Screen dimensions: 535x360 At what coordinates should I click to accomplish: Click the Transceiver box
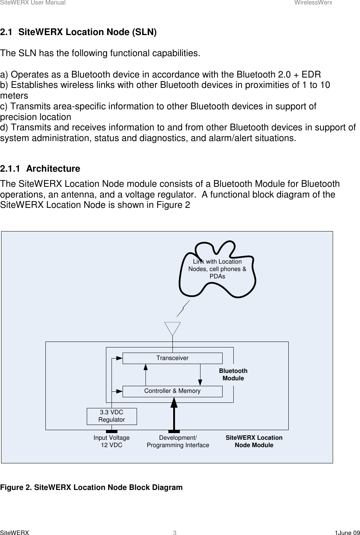coord(172,358)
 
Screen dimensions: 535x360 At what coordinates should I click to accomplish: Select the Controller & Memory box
coord(172,391)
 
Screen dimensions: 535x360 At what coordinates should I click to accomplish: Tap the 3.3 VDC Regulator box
coord(112,416)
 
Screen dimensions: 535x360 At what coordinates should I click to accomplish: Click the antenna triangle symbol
coord(172,328)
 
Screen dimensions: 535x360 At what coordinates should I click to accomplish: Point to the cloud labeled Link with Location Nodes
coord(217,269)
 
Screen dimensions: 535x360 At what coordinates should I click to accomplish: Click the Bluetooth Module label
coord(233,374)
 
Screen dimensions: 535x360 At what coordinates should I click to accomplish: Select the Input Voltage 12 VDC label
coord(112,441)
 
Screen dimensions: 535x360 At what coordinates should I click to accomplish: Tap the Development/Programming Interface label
coord(178,441)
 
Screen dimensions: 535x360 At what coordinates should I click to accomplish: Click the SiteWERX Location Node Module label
coord(254,441)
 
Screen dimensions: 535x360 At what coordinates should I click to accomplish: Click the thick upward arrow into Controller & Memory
coord(174,414)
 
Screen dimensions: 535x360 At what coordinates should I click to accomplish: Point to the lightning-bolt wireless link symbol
coord(183,309)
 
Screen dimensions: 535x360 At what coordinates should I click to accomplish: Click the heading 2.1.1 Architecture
coord(40,169)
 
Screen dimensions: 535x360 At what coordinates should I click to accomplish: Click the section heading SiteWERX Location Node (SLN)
coord(78,32)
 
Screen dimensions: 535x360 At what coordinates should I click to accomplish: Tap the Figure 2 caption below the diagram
coord(91,487)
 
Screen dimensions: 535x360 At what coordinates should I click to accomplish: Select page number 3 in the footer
coord(175,532)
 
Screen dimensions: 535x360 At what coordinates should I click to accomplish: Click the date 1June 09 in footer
coord(347,532)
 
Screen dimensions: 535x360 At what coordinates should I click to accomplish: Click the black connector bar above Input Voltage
coord(112,431)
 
